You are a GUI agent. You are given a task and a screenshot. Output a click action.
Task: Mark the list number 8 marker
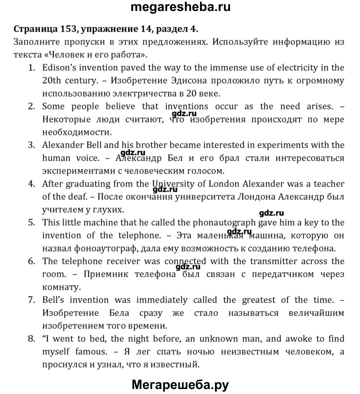pos(31,339)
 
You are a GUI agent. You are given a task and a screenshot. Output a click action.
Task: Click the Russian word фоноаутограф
pos(112,248)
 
